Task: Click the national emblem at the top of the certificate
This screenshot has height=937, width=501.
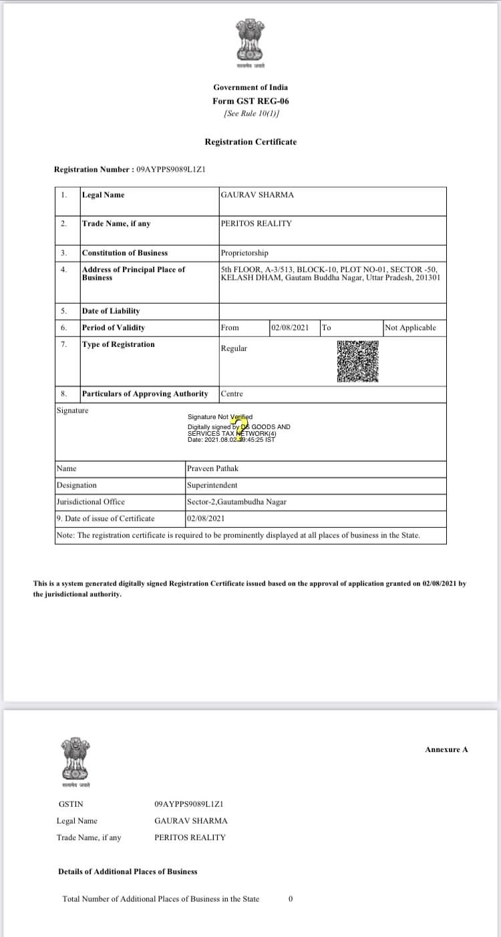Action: point(251,42)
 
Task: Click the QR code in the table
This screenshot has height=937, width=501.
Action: point(357,362)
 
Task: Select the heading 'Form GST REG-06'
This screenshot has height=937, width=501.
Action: point(251,101)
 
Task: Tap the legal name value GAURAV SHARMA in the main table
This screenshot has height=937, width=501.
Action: point(257,195)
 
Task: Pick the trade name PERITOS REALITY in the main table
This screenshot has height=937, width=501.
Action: point(256,224)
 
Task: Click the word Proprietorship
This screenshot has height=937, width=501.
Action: point(244,253)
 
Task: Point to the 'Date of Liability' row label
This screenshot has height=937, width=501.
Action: point(111,311)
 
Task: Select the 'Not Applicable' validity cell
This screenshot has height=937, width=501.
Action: point(410,328)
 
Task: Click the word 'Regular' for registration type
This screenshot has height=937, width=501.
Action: point(234,348)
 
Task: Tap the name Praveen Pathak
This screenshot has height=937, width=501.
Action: point(212,468)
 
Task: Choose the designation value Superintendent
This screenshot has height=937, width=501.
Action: point(212,485)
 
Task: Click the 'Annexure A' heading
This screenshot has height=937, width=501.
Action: point(446,749)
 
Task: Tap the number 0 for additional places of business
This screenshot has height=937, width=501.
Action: point(291,899)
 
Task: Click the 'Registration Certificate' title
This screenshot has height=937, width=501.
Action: point(251,142)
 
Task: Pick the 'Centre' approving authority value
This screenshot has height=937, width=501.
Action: point(232,394)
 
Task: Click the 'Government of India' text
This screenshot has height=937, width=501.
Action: point(251,87)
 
